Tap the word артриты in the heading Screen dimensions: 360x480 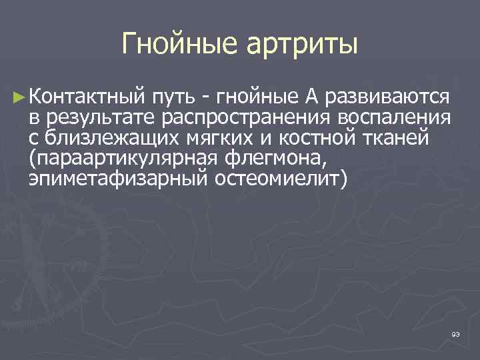coord(304,45)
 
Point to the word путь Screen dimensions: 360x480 coord(175,98)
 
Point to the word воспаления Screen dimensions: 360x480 coord(394,118)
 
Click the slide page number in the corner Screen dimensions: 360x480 coord(455,334)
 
